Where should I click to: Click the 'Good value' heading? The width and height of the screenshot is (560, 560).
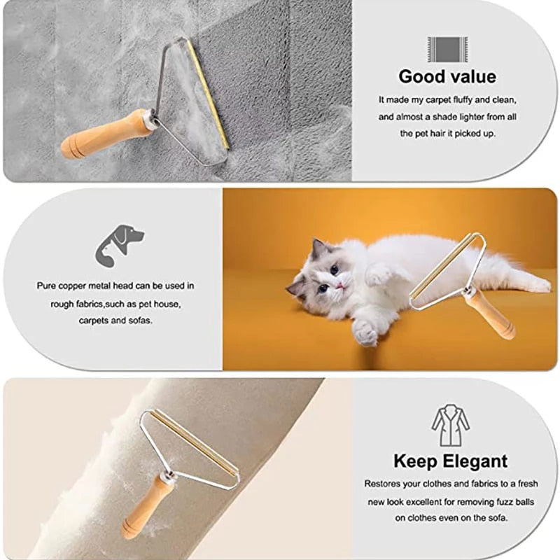pos(447,76)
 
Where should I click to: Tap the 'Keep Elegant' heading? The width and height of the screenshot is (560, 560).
pos(450,461)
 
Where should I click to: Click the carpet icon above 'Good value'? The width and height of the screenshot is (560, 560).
pos(447,49)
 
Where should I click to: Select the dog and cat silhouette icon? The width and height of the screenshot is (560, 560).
pos(119,244)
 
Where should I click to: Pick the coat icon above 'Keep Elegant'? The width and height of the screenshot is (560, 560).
pos(450,426)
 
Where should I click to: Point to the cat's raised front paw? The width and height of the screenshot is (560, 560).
pos(365,331)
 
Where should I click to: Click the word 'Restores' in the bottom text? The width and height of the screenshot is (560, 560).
pos(383,484)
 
